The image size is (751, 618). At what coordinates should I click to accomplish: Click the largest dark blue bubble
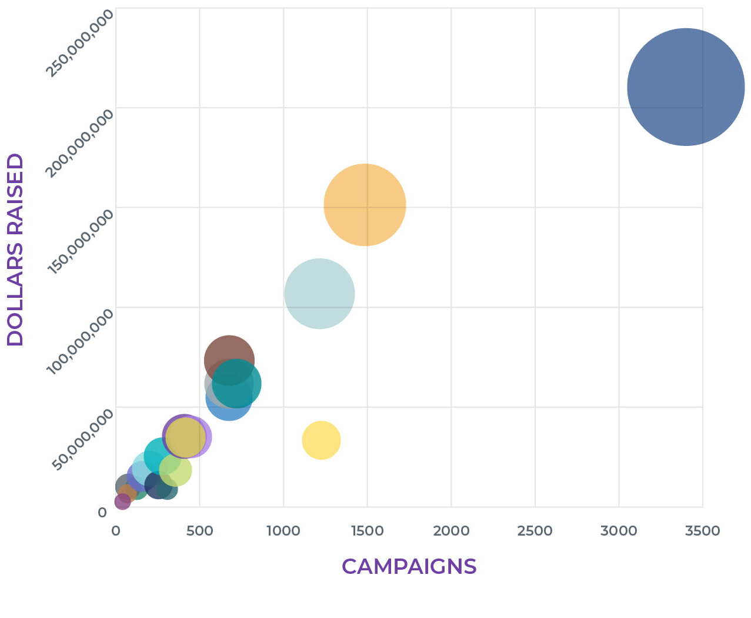686,87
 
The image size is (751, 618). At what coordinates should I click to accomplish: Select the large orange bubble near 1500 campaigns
365,205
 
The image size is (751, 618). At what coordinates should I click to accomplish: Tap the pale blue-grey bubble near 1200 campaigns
319,293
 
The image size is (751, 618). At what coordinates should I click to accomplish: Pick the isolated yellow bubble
321,440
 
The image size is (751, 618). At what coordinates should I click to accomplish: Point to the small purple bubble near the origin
122,501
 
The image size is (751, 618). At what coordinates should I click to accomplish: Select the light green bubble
176,470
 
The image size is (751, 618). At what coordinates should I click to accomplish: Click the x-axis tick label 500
199,531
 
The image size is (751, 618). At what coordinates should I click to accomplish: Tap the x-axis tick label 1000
283,531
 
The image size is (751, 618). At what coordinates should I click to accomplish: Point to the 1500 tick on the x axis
367,531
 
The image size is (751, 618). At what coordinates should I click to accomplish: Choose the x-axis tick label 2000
451,531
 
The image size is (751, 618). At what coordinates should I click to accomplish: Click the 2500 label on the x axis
535,531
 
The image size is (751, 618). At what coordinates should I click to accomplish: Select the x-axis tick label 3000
619,531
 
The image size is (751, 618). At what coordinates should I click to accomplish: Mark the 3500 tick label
702,531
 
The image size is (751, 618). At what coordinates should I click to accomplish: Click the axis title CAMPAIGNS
409,566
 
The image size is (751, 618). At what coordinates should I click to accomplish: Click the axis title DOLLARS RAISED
15,250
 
